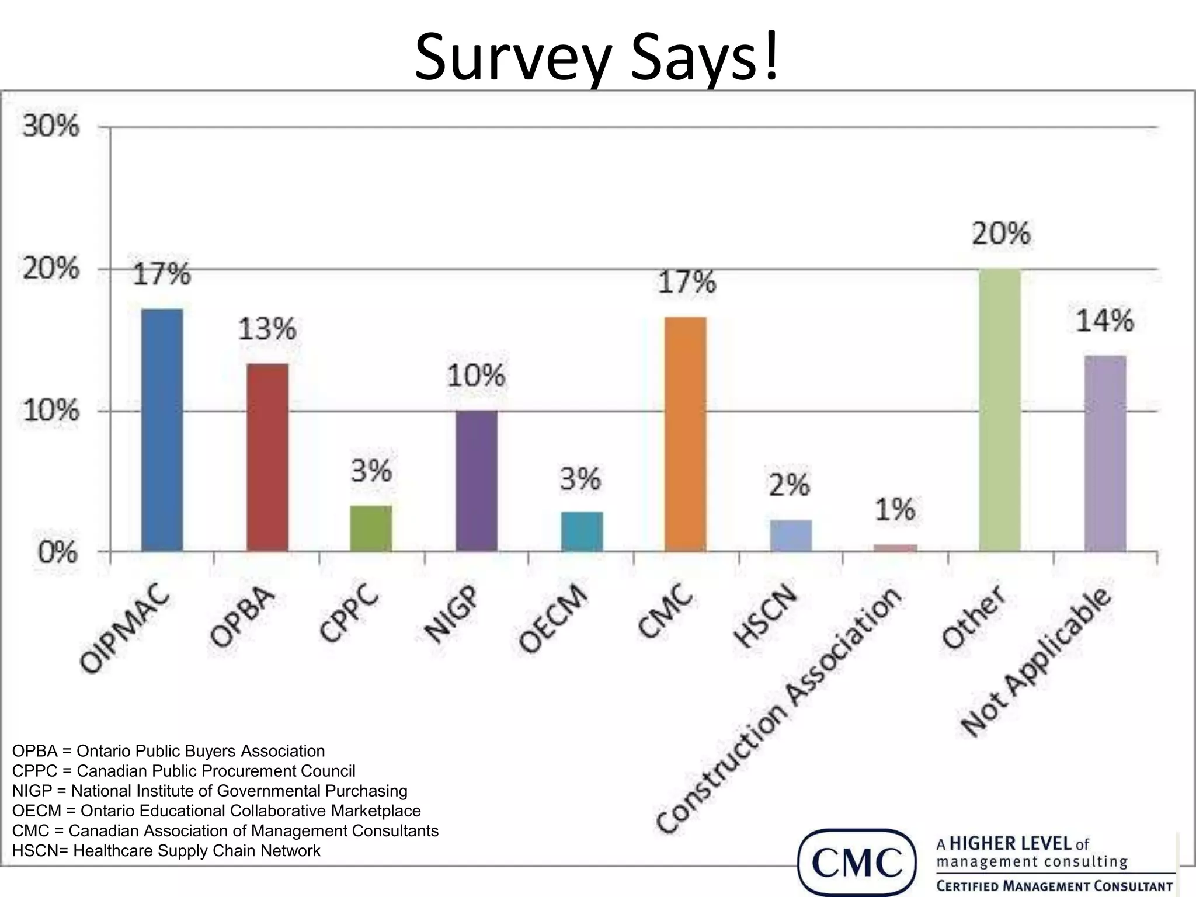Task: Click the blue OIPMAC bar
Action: (x=162, y=430)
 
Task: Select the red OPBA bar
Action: (x=267, y=457)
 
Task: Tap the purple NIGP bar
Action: (x=477, y=481)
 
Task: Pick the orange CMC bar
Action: (x=686, y=434)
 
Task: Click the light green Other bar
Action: (x=1000, y=410)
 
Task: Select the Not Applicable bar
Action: (x=1105, y=453)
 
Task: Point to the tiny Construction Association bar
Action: (x=895, y=548)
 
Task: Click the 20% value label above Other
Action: (x=1001, y=234)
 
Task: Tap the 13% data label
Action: (x=267, y=329)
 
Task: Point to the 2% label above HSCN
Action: (x=789, y=485)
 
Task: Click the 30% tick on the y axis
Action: (x=51, y=126)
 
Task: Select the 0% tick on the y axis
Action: (x=57, y=552)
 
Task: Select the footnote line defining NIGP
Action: (x=210, y=791)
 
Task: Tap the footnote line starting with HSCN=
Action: (x=166, y=850)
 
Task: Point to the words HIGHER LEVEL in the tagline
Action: (x=1011, y=844)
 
